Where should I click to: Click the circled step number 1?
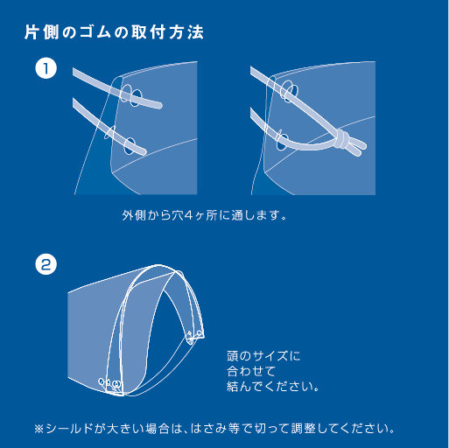[46, 68]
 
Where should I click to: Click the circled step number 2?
[46, 265]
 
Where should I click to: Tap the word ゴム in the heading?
[95, 32]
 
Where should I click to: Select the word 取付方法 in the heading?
[167, 32]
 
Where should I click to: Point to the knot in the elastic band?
[341, 138]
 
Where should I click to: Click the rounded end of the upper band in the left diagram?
[158, 105]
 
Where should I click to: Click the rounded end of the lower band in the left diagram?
[143, 151]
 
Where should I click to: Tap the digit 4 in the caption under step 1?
[189, 216]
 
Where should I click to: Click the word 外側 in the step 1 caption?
[134, 215]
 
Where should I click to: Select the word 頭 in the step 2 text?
[233, 356]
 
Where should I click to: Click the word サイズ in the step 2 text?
[270, 356]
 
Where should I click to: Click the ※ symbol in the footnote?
[39, 429]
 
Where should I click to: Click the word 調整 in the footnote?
[304, 429]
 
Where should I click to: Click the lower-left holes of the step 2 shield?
[109, 383]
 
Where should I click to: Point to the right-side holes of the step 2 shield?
[194, 335]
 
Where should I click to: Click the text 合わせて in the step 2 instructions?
[251, 371]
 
